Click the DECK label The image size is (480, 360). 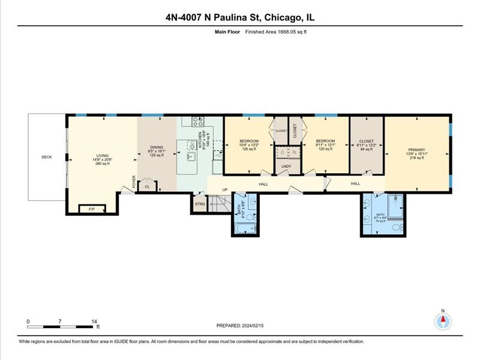(x=47, y=157)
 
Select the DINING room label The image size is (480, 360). (x=157, y=148)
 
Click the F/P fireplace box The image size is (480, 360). (x=92, y=209)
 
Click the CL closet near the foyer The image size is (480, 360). (x=148, y=187)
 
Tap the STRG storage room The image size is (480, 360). (x=200, y=205)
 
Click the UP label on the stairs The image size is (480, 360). (x=225, y=191)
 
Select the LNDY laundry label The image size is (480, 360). (x=286, y=167)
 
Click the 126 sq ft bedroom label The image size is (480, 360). (x=248, y=142)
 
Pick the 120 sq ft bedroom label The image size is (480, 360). (x=325, y=142)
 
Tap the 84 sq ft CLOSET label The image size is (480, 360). (x=367, y=142)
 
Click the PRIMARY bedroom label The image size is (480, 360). (x=416, y=150)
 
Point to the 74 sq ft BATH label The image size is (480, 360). (x=380, y=214)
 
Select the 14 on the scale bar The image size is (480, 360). (x=94, y=322)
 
